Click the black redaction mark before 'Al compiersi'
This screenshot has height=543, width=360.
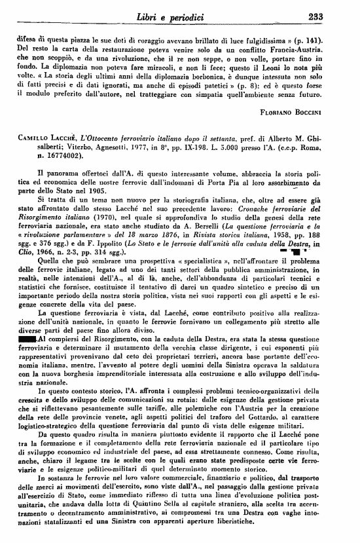[27, 340]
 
